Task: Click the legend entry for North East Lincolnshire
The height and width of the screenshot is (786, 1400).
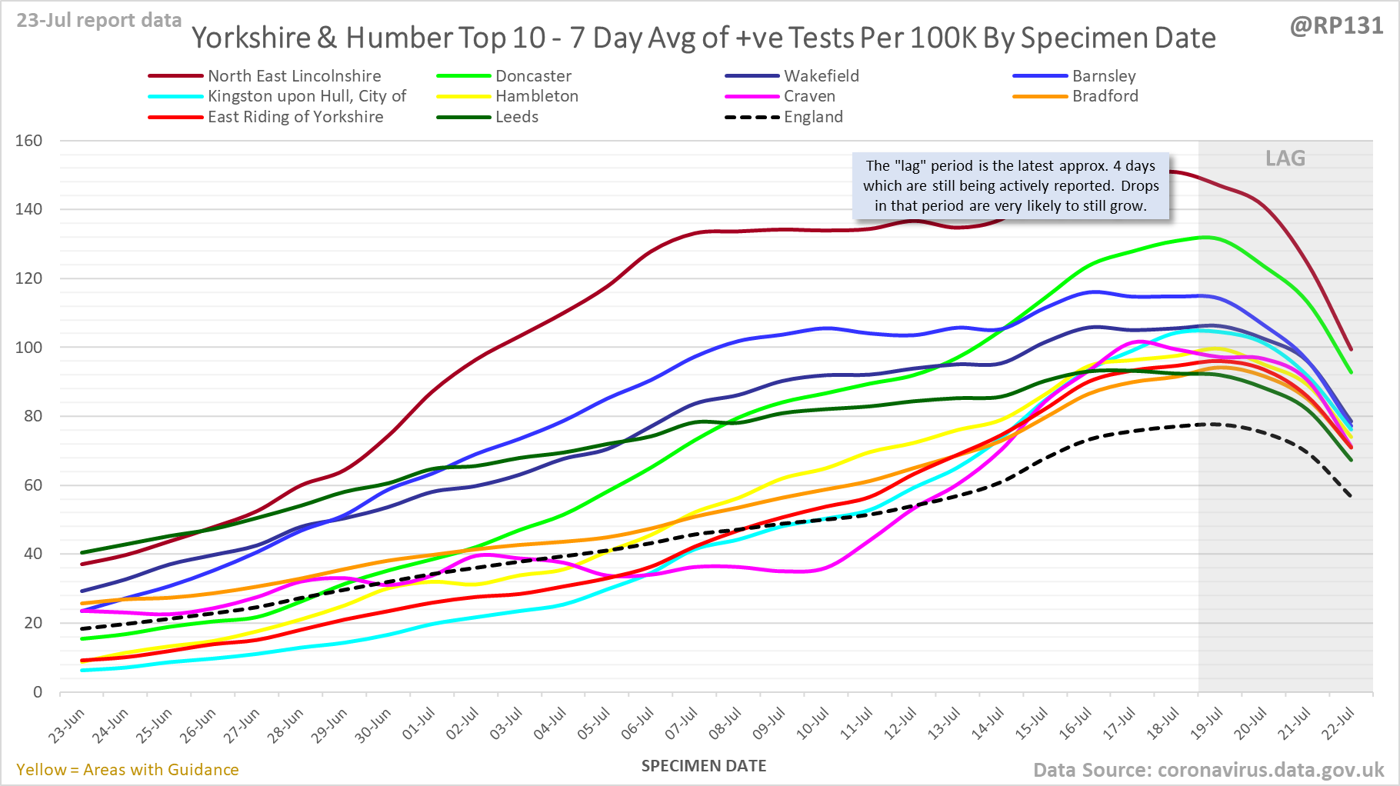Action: click(x=294, y=76)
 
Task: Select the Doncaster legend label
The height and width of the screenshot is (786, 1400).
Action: click(x=533, y=76)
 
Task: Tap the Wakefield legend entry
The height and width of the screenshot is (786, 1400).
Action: click(x=821, y=76)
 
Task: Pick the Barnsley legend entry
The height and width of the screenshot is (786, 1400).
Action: click(x=1103, y=76)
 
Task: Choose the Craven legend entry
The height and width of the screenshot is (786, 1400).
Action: click(x=809, y=96)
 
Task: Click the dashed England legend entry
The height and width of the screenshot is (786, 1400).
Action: click(x=813, y=117)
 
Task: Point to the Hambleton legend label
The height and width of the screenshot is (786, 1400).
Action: click(x=536, y=96)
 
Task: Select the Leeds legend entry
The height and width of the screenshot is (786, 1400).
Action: click(x=516, y=117)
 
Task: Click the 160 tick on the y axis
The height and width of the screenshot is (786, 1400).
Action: click(x=28, y=141)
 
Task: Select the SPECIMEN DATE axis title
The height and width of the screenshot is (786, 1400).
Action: click(x=704, y=766)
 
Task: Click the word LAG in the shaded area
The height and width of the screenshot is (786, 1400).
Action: click(x=1285, y=158)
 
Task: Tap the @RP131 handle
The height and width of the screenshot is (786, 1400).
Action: click(x=1336, y=25)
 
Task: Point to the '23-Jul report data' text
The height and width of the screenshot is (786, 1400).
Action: click(x=99, y=20)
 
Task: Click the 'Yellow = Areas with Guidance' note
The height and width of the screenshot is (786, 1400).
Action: click(x=128, y=770)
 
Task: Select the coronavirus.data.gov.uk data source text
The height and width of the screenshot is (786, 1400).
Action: click(x=1208, y=770)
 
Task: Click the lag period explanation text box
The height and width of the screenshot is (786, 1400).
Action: click(x=1011, y=186)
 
